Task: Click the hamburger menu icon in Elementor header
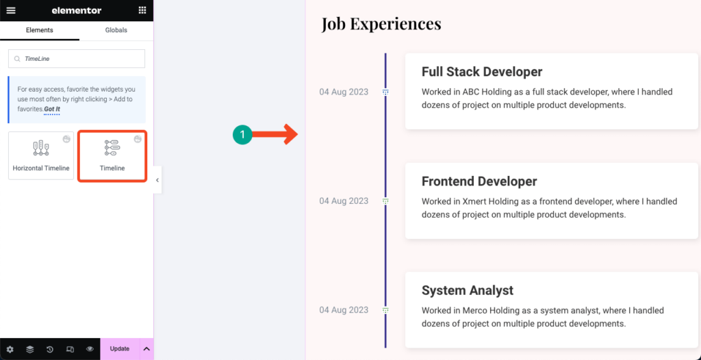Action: (x=10, y=10)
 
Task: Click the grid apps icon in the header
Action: (x=142, y=10)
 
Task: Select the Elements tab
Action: (x=39, y=30)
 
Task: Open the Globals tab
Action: (x=116, y=30)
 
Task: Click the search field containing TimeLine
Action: (x=77, y=59)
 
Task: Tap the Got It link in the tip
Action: (x=53, y=109)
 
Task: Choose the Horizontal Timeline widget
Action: (x=41, y=155)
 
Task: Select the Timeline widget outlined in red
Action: (x=112, y=156)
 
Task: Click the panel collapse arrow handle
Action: (x=157, y=180)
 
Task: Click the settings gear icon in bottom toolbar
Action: (x=10, y=349)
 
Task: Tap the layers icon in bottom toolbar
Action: (x=29, y=349)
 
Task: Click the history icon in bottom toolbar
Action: (x=50, y=349)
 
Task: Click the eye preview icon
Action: (x=90, y=349)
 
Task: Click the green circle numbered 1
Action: (x=242, y=136)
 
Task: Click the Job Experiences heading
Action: (x=381, y=24)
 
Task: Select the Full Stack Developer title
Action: (x=482, y=72)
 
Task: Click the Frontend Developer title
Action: (x=479, y=181)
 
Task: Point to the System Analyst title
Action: (x=468, y=290)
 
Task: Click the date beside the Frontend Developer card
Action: (x=344, y=201)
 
